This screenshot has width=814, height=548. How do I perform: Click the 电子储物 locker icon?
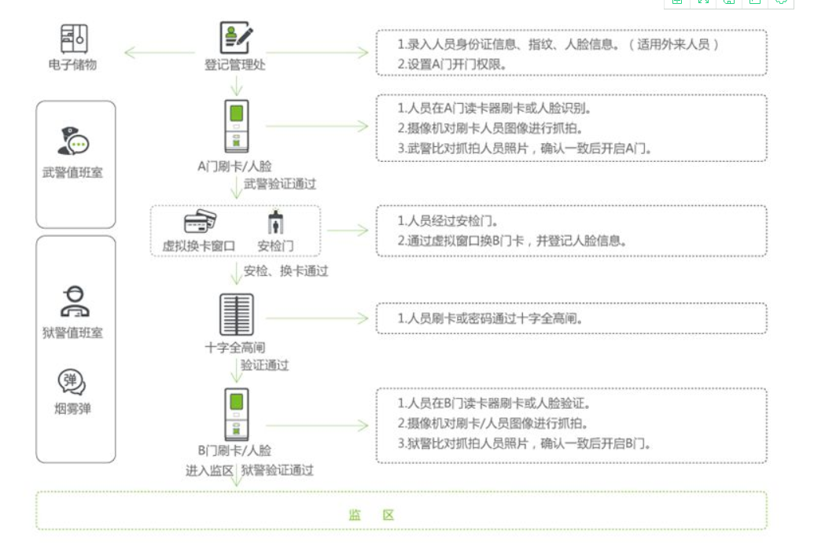pyautogui.click(x=74, y=39)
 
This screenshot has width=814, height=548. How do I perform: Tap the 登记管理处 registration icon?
pyautogui.click(x=236, y=38)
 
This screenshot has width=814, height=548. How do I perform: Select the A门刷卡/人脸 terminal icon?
pyautogui.click(x=236, y=127)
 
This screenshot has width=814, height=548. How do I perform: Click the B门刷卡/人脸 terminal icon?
pyautogui.click(x=236, y=414)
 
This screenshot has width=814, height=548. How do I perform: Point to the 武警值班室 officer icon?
pyautogui.click(x=73, y=141)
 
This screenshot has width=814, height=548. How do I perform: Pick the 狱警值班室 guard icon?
pyautogui.click(x=75, y=301)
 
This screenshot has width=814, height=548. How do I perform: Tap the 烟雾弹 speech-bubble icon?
pyautogui.click(x=72, y=381)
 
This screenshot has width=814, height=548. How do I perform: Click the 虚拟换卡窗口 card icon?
pyautogui.click(x=200, y=222)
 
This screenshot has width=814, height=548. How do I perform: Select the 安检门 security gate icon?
pyautogui.click(x=276, y=222)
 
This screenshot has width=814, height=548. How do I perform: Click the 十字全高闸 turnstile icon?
pyautogui.click(x=236, y=314)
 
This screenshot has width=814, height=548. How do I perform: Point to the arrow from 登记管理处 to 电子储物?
pyautogui.click(x=160, y=53)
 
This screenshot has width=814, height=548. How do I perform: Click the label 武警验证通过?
pyautogui.click(x=280, y=184)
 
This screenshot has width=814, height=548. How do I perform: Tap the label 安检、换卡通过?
pyautogui.click(x=285, y=271)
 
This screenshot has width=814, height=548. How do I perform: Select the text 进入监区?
pyautogui.click(x=209, y=471)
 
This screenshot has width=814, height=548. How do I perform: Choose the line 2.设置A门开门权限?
pyautogui.click(x=451, y=64)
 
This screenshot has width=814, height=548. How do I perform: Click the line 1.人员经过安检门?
pyautogui.click(x=448, y=221)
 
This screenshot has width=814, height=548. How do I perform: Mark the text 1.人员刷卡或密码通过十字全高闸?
pyautogui.click(x=489, y=318)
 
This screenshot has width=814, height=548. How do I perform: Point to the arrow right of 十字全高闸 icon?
pyautogui.click(x=317, y=318)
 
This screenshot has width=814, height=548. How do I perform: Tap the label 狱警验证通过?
pyautogui.click(x=277, y=471)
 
